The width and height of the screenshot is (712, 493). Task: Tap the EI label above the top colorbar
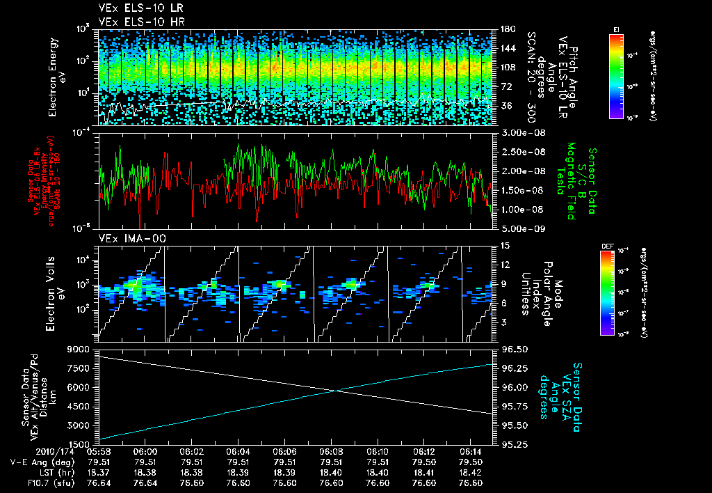616,29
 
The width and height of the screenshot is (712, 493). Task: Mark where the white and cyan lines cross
337,390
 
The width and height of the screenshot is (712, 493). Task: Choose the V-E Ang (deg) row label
36,461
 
